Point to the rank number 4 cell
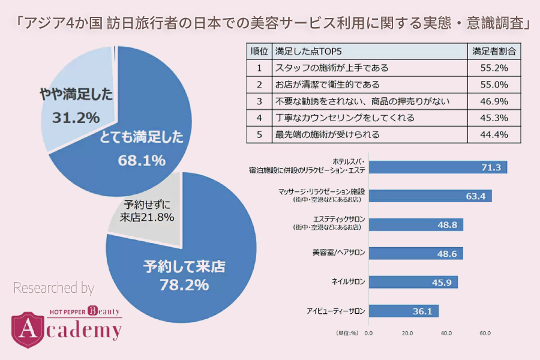[259, 118]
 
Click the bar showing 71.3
[437, 167]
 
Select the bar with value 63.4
[430, 196]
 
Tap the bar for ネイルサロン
[413, 282]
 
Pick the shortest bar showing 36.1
[403, 311]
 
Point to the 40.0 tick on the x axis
[446, 333]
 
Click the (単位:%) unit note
[346, 333]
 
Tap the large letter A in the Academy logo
[27, 329]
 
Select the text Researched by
[53, 289]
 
